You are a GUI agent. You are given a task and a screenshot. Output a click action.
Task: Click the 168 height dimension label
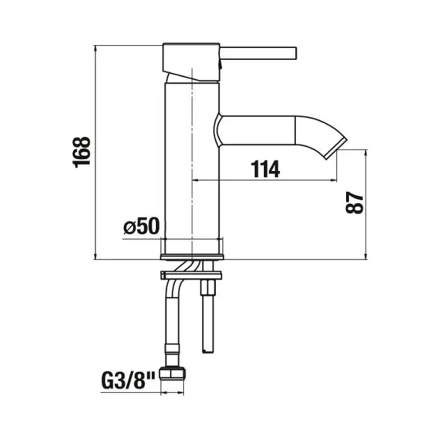click(x=81, y=152)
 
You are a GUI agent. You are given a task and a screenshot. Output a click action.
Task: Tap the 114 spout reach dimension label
click(x=265, y=169)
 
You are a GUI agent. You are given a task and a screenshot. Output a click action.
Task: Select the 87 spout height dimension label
click(x=354, y=202)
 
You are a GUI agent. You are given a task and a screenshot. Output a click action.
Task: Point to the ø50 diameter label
click(x=141, y=226)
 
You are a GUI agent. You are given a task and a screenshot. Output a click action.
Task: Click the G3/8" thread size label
click(x=128, y=381)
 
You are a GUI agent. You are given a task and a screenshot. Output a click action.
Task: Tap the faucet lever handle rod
click(x=258, y=53)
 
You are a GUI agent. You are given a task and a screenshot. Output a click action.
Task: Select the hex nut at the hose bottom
click(x=172, y=373)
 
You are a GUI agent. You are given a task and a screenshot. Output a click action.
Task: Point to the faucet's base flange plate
click(x=192, y=257)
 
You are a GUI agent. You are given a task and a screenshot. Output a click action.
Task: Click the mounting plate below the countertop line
click(x=191, y=275)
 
